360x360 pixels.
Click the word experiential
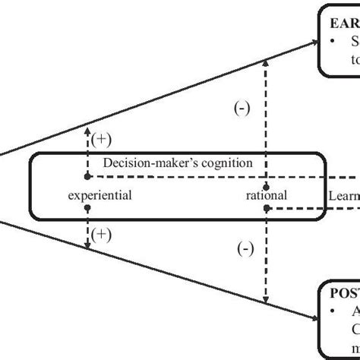(x=100, y=195)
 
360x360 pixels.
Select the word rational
(x=266, y=195)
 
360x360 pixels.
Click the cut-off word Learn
(x=344, y=195)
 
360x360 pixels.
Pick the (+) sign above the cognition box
(x=100, y=137)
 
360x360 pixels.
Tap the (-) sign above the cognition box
(x=242, y=109)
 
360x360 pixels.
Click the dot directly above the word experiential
(x=88, y=175)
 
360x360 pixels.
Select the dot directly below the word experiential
(x=88, y=207)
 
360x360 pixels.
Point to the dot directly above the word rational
(x=266, y=186)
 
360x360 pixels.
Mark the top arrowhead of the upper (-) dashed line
(x=265, y=64)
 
